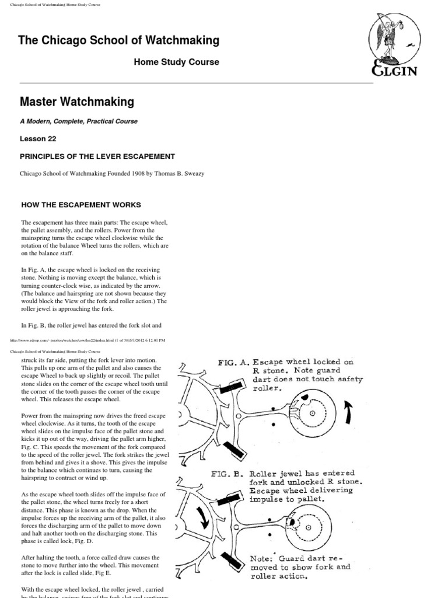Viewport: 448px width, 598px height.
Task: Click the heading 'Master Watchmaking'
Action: tap(77, 102)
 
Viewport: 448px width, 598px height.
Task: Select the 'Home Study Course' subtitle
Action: tap(177, 62)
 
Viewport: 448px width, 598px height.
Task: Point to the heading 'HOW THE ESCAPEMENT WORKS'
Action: tap(81, 205)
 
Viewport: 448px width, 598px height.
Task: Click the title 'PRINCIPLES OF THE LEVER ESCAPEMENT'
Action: tap(97, 157)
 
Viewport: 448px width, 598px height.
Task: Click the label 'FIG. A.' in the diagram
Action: tap(235, 362)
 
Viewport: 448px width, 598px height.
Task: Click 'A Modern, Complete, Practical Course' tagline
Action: tap(79, 121)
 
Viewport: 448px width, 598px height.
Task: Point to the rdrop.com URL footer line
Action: tap(87, 339)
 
